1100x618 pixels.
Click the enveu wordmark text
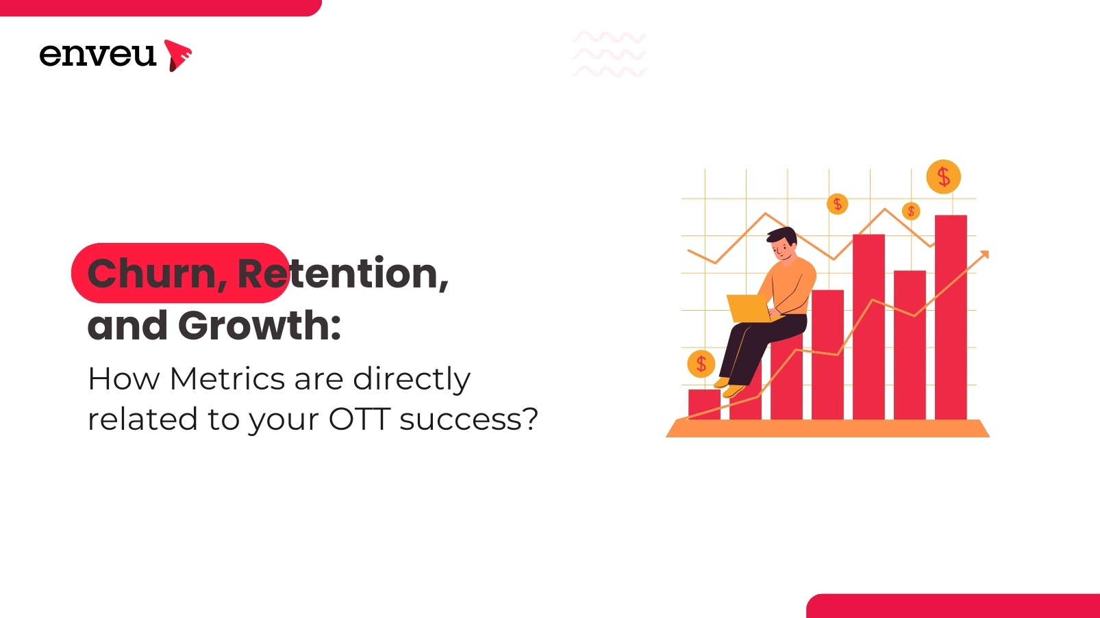(x=97, y=55)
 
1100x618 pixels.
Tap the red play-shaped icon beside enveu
(x=177, y=55)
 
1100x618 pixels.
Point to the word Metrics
(x=227, y=378)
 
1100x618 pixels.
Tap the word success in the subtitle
(x=460, y=419)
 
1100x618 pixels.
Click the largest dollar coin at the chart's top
(x=943, y=177)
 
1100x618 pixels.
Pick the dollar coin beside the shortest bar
(x=701, y=363)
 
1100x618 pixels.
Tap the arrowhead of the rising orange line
(x=984, y=255)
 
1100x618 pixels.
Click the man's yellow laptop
(x=749, y=309)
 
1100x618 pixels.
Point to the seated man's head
(x=782, y=242)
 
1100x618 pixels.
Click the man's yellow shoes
(x=729, y=388)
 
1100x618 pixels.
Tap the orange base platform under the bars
(x=827, y=428)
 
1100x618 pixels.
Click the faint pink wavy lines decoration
(x=609, y=54)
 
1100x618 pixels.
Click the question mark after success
(x=530, y=419)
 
